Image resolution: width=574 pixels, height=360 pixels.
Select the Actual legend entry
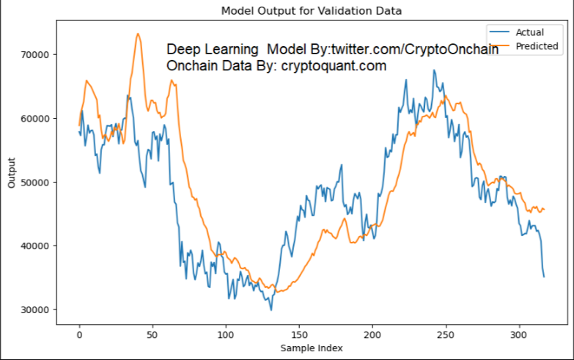(x=529, y=32)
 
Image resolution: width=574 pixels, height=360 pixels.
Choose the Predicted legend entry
(x=537, y=46)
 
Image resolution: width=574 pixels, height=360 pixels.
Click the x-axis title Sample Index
(x=311, y=348)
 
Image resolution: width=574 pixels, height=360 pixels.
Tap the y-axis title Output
(x=11, y=173)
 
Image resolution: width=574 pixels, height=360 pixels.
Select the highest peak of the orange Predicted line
(x=137, y=34)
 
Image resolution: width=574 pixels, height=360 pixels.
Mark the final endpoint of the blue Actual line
(x=544, y=276)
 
